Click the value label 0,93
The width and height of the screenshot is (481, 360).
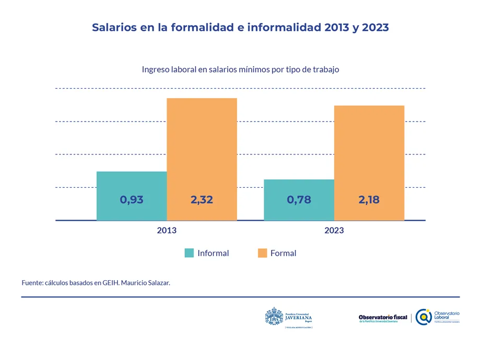(132, 199)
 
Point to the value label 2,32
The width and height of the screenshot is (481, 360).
(202, 199)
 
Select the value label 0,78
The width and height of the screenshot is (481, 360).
(299, 199)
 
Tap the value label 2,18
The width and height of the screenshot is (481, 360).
(369, 199)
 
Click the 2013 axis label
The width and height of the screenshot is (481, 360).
(167, 230)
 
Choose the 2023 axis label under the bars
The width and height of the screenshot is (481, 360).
(334, 230)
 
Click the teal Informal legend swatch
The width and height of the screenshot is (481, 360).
(189, 253)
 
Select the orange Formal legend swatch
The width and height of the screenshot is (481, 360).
(262, 253)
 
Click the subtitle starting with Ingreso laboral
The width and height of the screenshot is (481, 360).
(240, 69)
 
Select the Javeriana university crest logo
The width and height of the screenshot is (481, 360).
(274, 317)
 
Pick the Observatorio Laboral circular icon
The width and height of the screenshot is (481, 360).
(424, 317)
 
